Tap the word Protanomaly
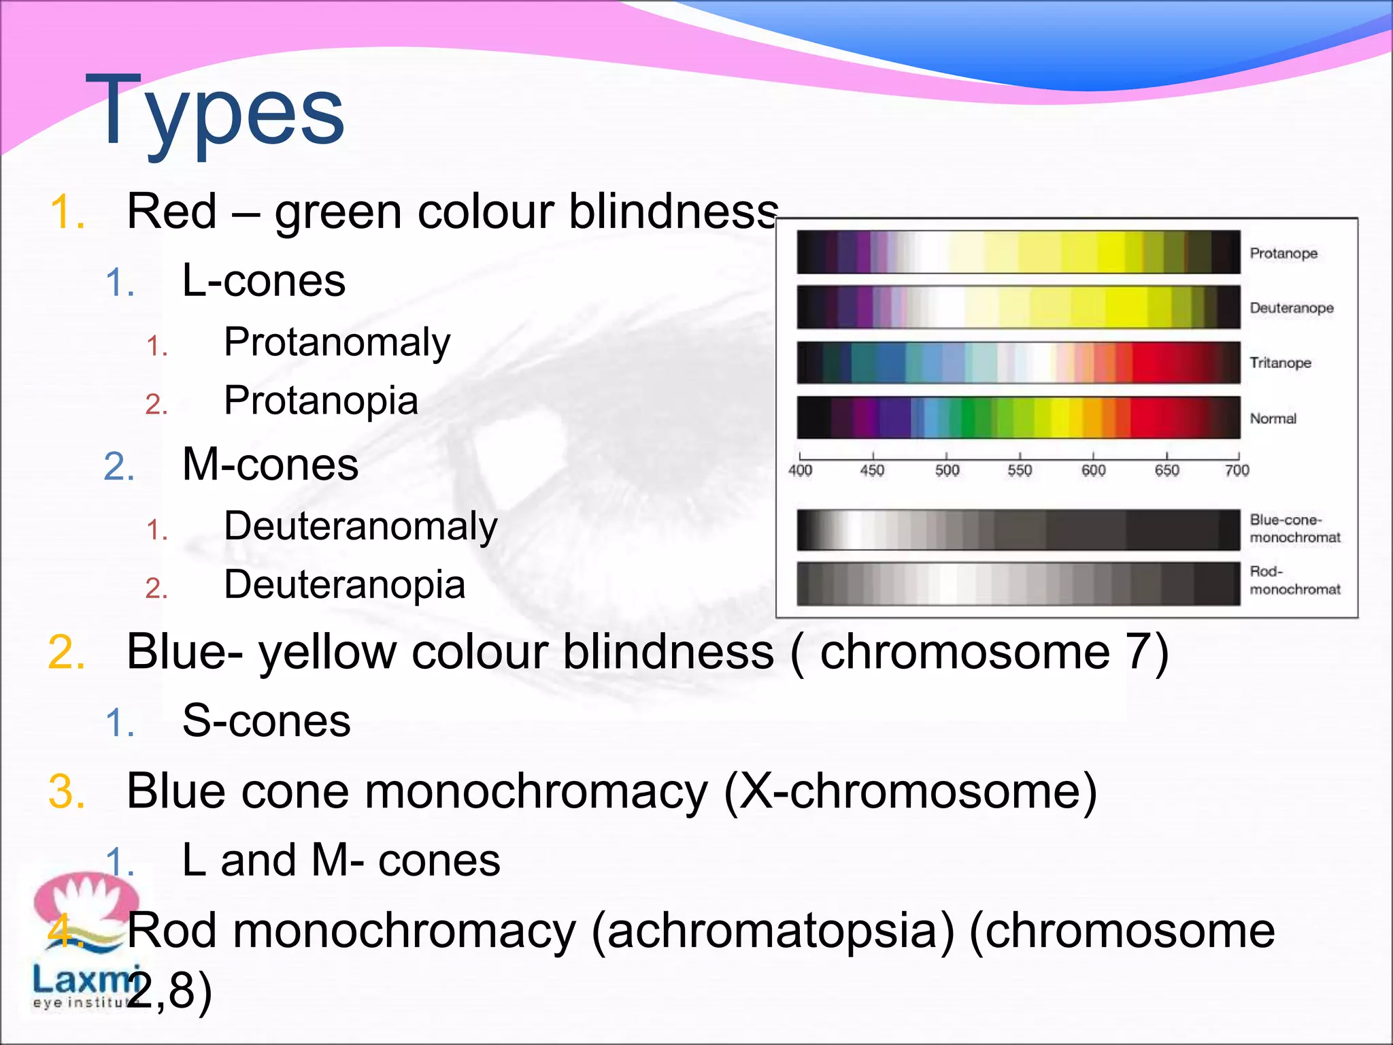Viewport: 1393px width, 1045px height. (337, 342)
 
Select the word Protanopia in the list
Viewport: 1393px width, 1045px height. (320, 401)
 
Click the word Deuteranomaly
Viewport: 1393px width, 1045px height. (360, 527)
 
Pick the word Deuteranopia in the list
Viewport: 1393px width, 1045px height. (344, 585)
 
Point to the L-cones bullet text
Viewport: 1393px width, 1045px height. (263, 281)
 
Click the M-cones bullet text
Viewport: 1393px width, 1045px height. (270, 465)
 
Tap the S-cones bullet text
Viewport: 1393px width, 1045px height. (266, 721)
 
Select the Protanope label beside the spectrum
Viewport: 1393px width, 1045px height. (1283, 253)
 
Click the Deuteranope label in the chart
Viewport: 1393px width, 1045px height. (1291, 308)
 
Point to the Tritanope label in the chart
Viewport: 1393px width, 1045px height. (1280, 363)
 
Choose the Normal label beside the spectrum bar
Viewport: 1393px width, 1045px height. (1273, 418)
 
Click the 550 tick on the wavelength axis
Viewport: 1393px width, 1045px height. (1020, 470)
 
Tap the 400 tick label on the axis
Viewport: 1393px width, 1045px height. (800, 470)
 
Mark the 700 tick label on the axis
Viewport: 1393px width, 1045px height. (1237, 470)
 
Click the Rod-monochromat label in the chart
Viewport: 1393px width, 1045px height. (1294, 580)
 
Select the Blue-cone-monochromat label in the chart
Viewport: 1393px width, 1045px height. (1294, 529)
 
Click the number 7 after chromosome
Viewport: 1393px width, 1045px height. (1139, 652)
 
